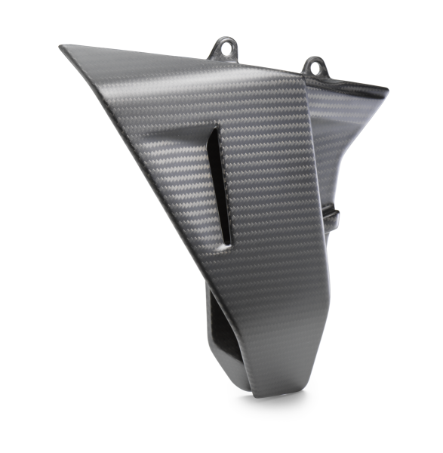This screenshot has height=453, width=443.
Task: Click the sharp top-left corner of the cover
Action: click(x=61, y=48)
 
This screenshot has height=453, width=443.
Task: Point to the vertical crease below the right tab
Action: click(x=308, y=151)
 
